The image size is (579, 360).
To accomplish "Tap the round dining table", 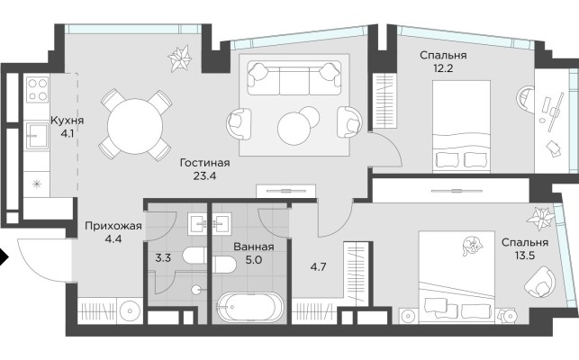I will (x=135, y=121).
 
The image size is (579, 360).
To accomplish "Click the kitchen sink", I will (x=37, y=138).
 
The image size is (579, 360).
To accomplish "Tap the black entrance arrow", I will (x=5, y=257).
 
